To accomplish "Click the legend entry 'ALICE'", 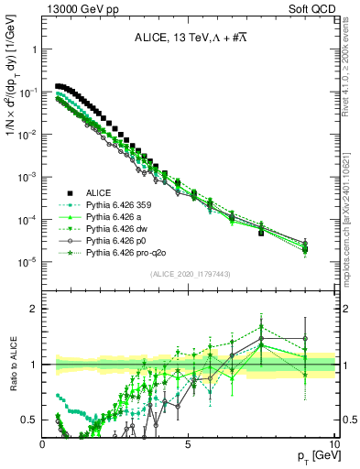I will (x=99, y=192).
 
